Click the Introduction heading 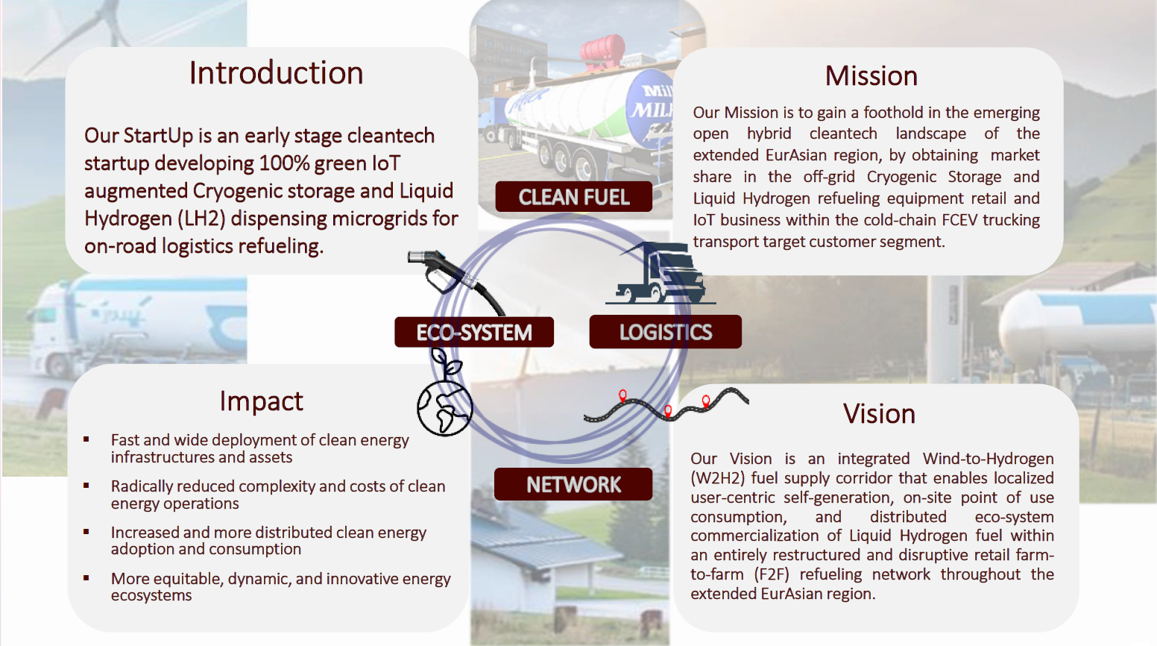coord(276,73)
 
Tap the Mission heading coord(871,76)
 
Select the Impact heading coord(261,401)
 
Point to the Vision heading coord(879,414)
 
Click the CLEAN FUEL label coord(573,197)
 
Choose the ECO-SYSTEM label coord(474,333)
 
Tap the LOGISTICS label coord(665,333)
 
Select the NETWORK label coord(573,485)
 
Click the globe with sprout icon coord(445,399)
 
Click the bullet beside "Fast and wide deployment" coord(86,440)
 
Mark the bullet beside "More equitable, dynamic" coord(86,578)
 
